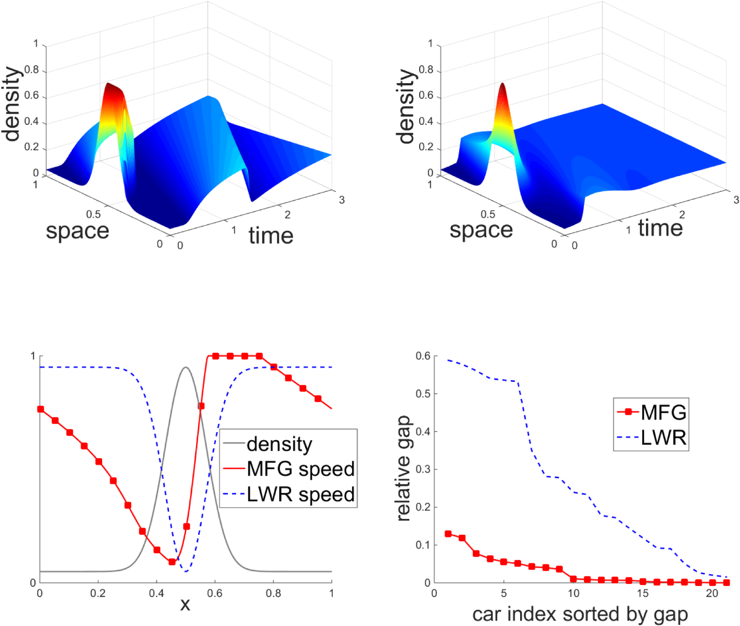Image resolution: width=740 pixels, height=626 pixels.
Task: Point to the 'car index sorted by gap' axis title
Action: click(x=580, y=614)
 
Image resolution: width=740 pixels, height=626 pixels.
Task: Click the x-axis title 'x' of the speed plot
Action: click(x=185, y=604)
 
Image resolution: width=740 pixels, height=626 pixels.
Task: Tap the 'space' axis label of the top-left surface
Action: click(x=77, y=231)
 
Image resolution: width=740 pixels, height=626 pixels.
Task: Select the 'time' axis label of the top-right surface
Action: click(x=660, y=228)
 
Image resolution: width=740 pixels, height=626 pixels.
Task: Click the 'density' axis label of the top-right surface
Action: click(x=406, y=106)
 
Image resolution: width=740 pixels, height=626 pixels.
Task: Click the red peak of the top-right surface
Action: click(x=503, y=85)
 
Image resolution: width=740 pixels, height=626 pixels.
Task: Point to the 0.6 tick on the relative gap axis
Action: click(x=423, y=356)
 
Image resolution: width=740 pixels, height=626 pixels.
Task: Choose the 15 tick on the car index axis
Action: click(x=643, y=593)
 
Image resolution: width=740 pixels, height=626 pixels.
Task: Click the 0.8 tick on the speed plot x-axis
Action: click(x=273, y=593)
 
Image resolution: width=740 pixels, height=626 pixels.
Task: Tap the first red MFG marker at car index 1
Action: click(x=448, y=534)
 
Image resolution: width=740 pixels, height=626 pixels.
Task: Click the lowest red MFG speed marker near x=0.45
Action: click(x=172, y=562)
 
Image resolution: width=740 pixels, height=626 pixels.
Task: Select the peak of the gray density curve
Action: click(x=186, y=367)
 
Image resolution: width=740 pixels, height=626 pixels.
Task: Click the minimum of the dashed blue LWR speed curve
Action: click(x=186, y=571)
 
